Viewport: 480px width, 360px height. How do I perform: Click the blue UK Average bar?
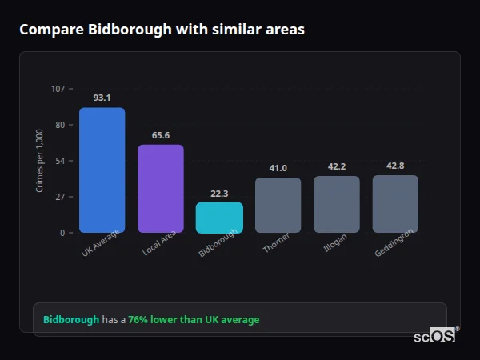click(x=102, y=170)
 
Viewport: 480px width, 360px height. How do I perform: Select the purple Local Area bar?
click(x=161, y=189)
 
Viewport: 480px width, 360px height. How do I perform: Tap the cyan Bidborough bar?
click(x=219, y=218)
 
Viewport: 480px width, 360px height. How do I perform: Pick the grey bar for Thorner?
click(x=278, y=205)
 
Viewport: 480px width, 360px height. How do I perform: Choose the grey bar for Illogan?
click(x=337, y=204)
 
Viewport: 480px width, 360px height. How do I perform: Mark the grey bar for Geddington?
click(x=395, y=204)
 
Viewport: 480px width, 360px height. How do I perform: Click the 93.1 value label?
click(x=102, y=98)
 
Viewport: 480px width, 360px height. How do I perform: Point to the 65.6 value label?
click(x=161, y=135)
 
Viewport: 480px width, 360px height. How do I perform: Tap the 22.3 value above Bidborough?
click(x=219, y=193)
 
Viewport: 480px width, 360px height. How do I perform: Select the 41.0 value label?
click(x=278, y=168)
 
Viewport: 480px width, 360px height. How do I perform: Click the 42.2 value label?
click(x=337, y=166)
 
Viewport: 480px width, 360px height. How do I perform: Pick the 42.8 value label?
click(x=395, y=166)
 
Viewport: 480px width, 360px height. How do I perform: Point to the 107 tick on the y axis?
click(x=58, y=89)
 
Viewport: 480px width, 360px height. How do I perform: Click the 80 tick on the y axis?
click(x=59, y=125)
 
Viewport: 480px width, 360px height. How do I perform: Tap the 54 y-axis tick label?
click(x=59, y=161)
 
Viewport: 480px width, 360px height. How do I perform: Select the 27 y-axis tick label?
click(x=59, y=197)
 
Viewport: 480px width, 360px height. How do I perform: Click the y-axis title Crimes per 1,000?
click(x=39, y=161)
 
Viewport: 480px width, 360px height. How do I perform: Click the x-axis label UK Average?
click(x=100, y=243)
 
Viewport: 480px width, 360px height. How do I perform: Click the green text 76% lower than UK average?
click(x=194, y=320)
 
